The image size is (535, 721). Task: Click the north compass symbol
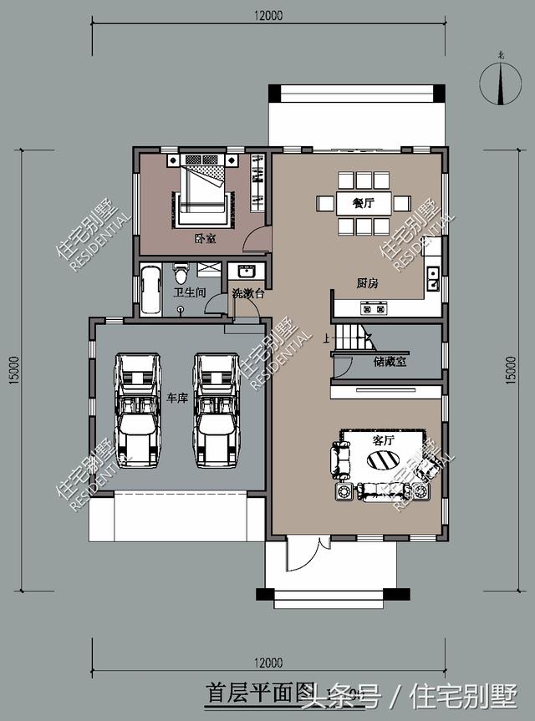pyautogui.click(x=499, y=81)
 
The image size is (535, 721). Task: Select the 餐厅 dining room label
pyautogui.click(x=362, y=202)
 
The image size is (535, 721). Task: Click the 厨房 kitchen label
pyautogui.click(x=367, y=283)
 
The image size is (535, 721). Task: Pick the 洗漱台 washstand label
pyautogui.click(x=248, y=293)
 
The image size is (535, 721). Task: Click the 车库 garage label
pyautogui.click(x=176, y=398)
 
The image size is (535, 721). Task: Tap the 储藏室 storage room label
pyautogui.click(x=389, y=363)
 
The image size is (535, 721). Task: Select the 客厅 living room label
pyautogui.click(x=384, y=439)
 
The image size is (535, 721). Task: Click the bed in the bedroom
pyautogui.click(x=203, y=188)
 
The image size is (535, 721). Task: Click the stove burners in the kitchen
pyautogui.click(x=374, y=308)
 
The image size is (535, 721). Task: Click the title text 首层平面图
pyautogui.click(x=258, y=693)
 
